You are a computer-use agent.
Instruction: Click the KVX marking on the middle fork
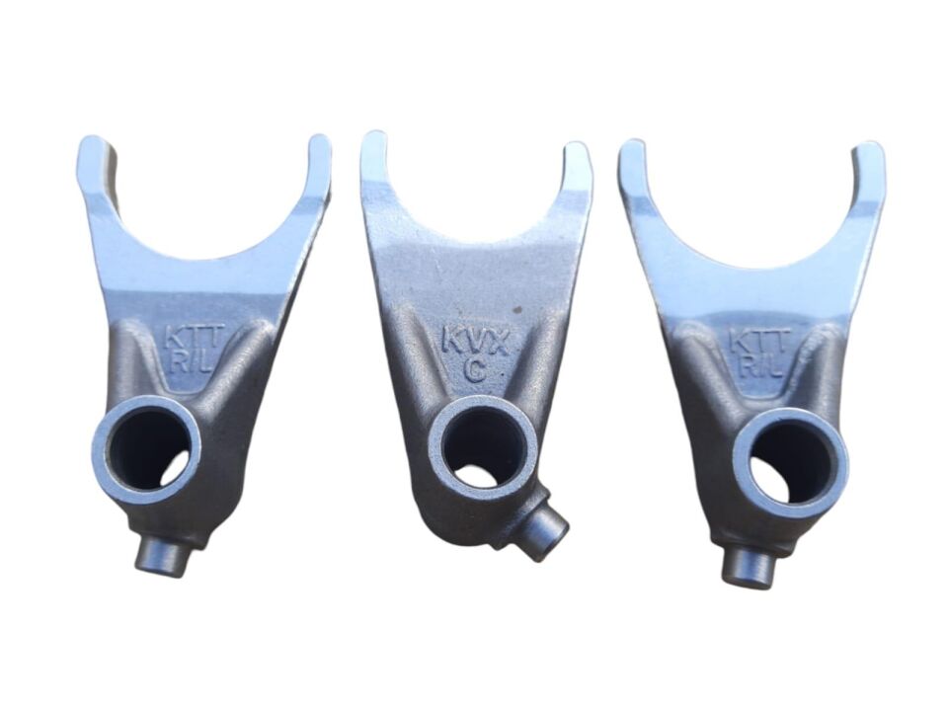coord(474,341)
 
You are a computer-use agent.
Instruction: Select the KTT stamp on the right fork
coord(758,341)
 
